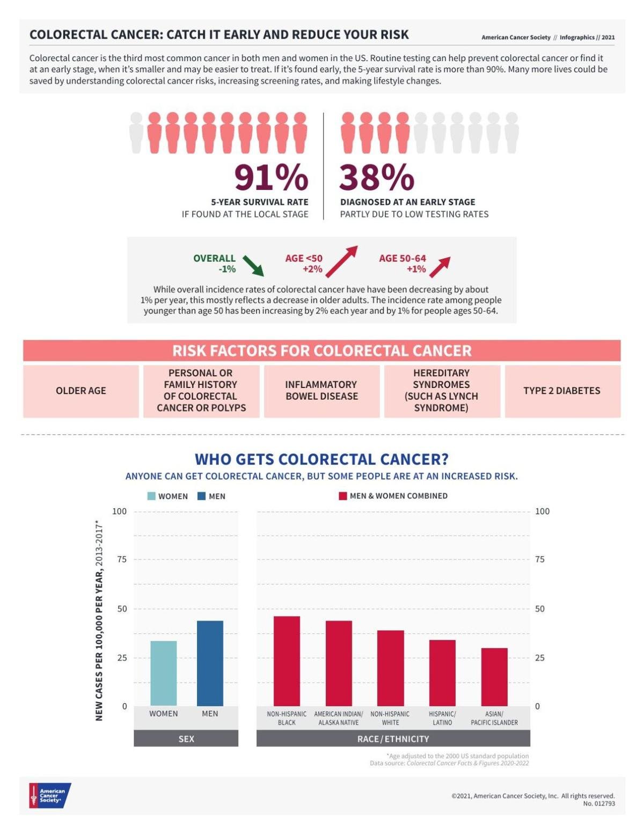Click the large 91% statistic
pyautogui.click(x=271, y=178)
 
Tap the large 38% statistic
pyautogui.click(x=377, y=178)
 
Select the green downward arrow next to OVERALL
pyautogui.click(x=253, y=266)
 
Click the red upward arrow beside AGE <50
pyautogui.click(x=341, y=261)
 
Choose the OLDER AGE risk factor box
pyautogui.click(x=81, y=391)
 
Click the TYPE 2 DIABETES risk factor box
pyautogui.click(x=562, y=391)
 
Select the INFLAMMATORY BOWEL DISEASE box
pyautogui.click(x=321, y=391)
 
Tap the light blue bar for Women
pyautogui.click(x=163, y=673)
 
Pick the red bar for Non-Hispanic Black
pyautogui.click(x=287, y=661)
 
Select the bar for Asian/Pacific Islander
pyautogui.click(x=494, y=677)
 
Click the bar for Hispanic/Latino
pyautogui.click(x=442, y=672)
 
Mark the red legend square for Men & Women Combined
pyautogui.click(x=343, y=496)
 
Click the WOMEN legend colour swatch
pyautogui.click(x=151, y=496)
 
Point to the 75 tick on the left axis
pyautogui.click(x=122, y=559)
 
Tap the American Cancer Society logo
pyautogui.click(x=50, y=795)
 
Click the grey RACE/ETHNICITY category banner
pyautogui.click(x=393, y=738)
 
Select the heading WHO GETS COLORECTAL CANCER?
pyautogui.click(x=321, y=459)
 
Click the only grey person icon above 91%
pyautogui.click(x=136, y=133)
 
